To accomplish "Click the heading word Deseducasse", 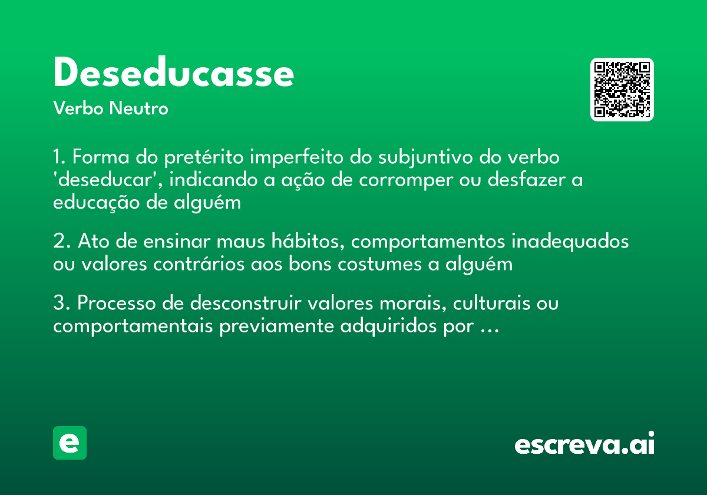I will pyautogui.click(x=173, y=73).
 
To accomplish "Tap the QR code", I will pyautogui.click(x=622, y=90).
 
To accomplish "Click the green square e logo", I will pyautogui.click(x=70, y=443).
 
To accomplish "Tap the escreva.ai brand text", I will pyautogui.click(x=584, y=444).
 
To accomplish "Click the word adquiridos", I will pyautogui.click(x=382, y=326).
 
